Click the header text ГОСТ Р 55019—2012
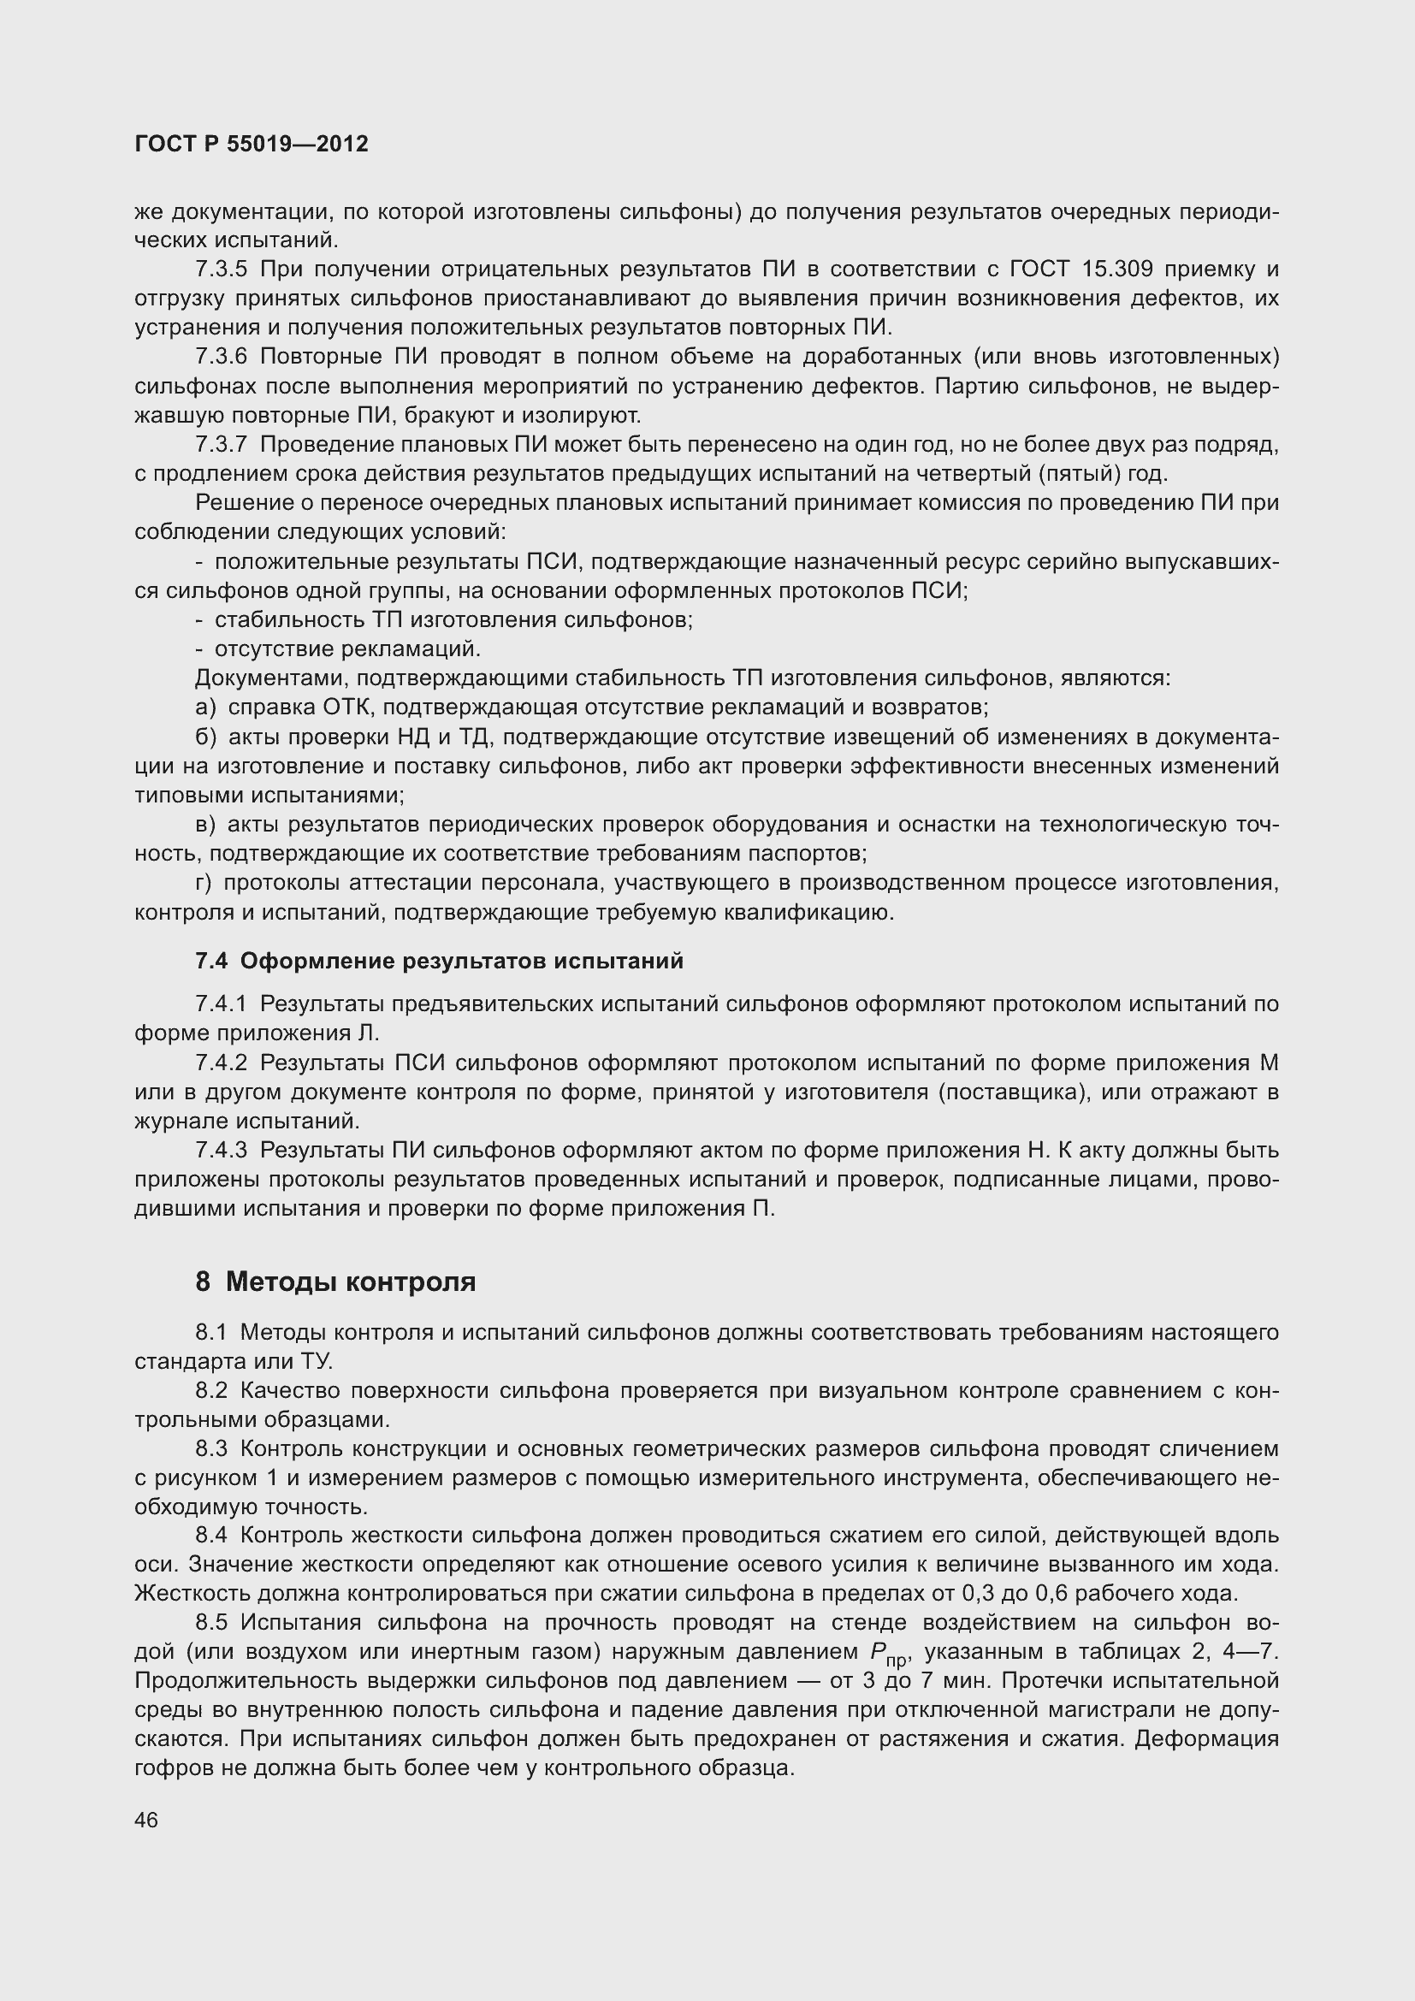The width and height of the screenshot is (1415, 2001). coord(252,144)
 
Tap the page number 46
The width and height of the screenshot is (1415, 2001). coord(146,1820)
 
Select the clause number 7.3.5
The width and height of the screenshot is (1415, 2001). coord(222,269)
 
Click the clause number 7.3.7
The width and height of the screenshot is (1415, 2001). coord(222,445)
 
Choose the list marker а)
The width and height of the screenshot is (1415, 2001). coord(205,707)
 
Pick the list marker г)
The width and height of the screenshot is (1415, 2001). coord(204,883)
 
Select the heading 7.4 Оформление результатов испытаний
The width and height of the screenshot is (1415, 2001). coord(439,961)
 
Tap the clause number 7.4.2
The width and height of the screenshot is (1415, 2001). coord(222,1063)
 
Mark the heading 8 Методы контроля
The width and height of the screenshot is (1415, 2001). coord(335,1282)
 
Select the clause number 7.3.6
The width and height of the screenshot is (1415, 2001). coord(222,357)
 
